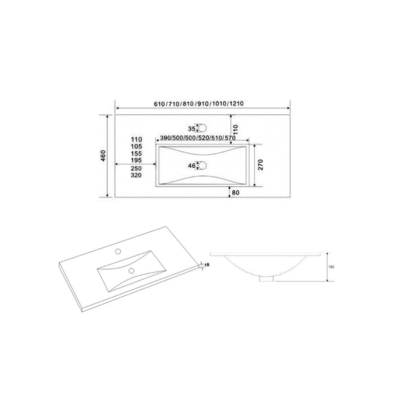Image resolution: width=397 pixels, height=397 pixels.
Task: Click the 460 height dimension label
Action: [x=103, y=155]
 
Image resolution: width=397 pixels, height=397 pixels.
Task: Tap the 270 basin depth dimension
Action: [x=260, y=165]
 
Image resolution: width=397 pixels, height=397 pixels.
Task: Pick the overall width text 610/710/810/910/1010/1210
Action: [x=198, y=104]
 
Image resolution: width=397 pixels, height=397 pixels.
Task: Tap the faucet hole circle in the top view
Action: [x=201, y=128]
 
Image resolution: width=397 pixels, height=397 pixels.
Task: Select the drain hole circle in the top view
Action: [x=201, y=165]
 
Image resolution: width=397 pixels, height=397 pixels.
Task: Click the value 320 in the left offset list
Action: [x=136, y=176]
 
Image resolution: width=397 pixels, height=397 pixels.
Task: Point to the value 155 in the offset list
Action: [x=136, y=154]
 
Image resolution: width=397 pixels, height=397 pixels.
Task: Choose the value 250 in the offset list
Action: [x=136, y=169]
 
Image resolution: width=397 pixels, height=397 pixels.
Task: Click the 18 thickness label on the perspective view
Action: [x=207, y=265]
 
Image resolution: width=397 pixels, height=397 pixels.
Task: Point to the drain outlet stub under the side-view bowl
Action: [x=267, y=279]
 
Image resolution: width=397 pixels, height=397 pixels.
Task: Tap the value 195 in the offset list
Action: [x=136, y=161]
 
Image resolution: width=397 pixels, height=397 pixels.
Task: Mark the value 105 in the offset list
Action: [x=136, y=147]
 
